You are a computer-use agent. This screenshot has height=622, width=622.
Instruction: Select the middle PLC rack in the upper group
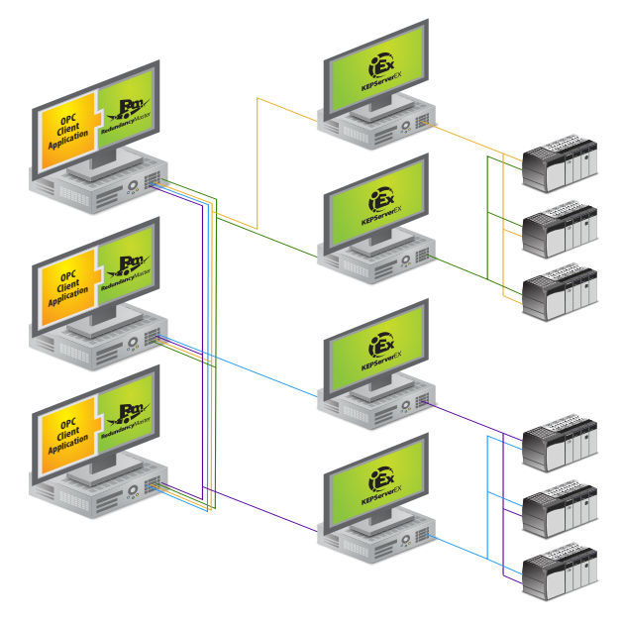click(560, 230)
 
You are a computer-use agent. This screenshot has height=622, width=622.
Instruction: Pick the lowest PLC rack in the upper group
click(560, 291)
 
